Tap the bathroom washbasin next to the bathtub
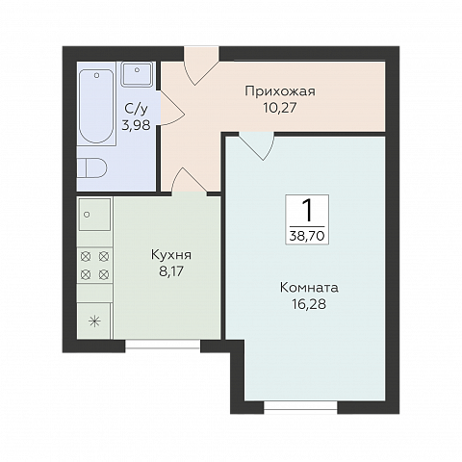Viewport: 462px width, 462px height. pos(137,74)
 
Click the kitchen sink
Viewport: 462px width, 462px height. pos(94,216)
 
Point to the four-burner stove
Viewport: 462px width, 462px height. pos(94,266)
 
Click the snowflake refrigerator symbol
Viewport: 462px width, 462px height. pos(94,321)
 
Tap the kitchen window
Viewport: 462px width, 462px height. pos(162,346)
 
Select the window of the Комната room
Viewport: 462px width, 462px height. pos(300,408)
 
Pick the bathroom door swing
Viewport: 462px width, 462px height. pos(171,108)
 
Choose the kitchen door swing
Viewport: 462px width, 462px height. pos(190,181)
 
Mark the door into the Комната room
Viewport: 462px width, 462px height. pos(256,144)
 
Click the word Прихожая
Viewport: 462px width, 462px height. pos(279,91)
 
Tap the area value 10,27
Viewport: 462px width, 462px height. pos(279,108)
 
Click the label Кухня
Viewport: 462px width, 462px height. pos(171,255)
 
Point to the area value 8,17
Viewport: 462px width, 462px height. pos(171,271)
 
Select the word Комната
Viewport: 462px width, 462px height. pos(309,287)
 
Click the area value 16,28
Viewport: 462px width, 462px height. pos(309,304)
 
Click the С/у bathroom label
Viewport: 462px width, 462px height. pos(135,109)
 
